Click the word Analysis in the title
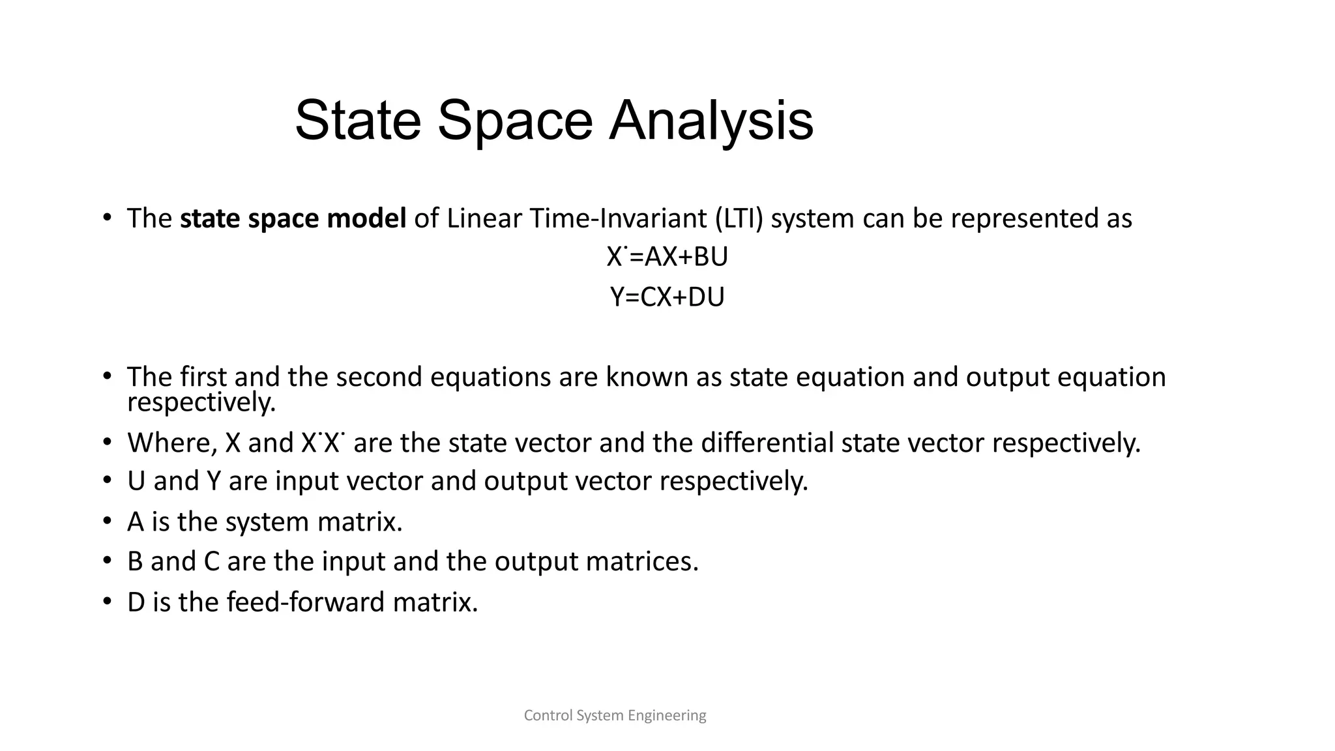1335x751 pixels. [711, 121]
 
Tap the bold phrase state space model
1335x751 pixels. [293, 218]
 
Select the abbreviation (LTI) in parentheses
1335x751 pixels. [739, 218]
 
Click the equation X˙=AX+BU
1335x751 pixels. [667, 257]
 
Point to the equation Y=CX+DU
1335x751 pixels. [667, 297]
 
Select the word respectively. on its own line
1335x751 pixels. [201, 402]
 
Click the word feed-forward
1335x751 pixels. [306, 602]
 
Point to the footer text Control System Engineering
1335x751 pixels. [615, 715]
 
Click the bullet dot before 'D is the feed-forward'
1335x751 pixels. [108, 601]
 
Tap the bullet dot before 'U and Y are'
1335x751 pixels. [108, 481]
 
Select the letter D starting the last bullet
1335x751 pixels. [136, 602]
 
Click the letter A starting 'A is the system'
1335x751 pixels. [136, 522]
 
